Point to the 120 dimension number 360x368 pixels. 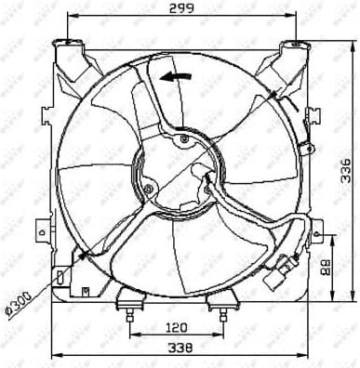177,327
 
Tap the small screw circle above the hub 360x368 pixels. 183,139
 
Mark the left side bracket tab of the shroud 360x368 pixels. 40,227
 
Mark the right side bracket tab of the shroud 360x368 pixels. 316,228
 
